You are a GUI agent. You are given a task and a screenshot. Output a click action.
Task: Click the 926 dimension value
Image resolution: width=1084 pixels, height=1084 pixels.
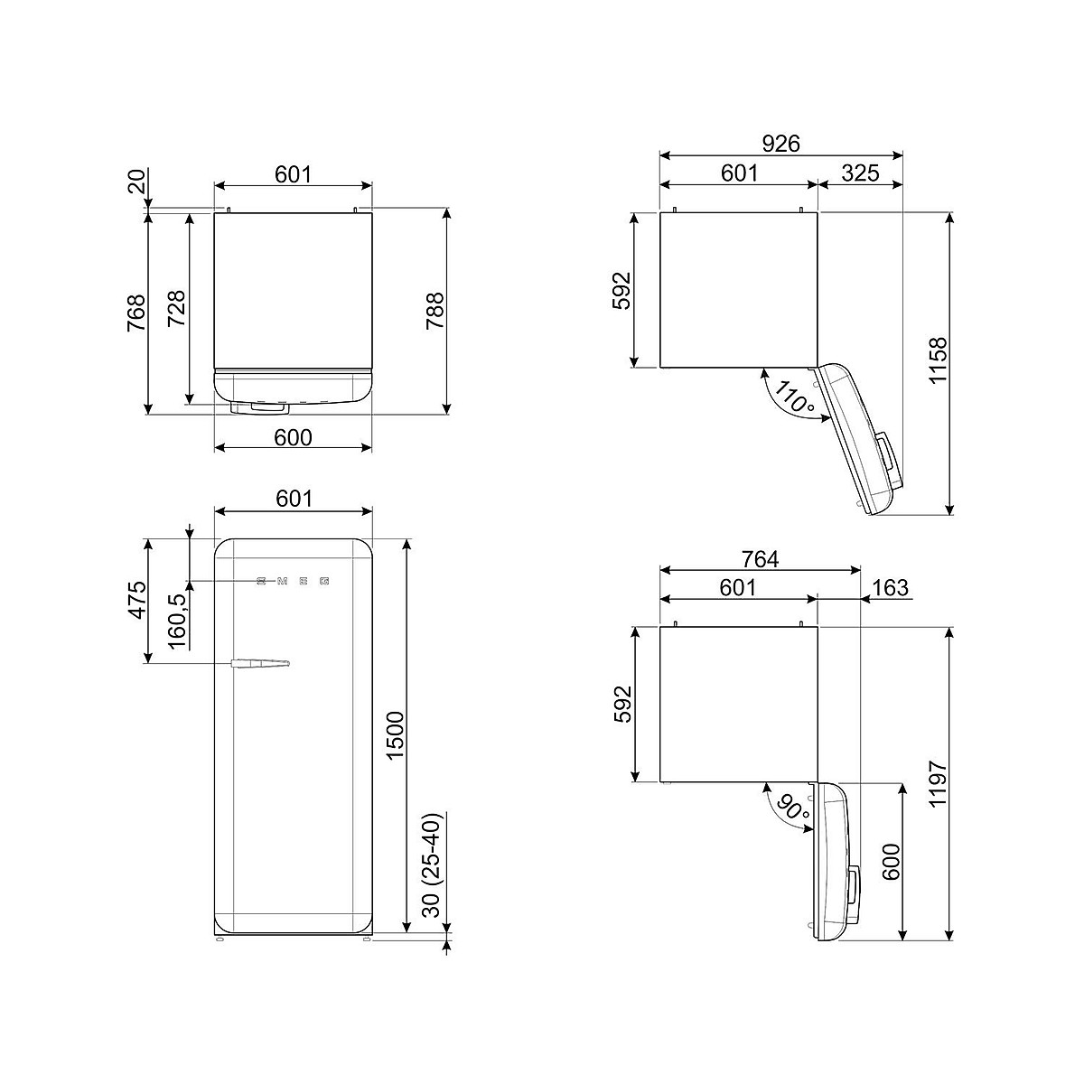tap(780, 144)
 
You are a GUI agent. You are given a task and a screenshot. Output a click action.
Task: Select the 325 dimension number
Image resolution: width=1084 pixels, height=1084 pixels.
tap(860, 173)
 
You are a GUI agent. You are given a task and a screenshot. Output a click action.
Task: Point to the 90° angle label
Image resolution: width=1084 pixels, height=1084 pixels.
tap(792, 808)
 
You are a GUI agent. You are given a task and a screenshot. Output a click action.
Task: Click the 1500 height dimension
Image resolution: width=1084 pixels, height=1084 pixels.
tap(396, 734)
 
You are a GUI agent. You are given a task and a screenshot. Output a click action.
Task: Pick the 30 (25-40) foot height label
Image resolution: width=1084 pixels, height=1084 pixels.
tap(432, 868)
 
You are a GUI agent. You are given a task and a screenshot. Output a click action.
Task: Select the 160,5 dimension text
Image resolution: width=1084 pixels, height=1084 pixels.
tap(177, 621)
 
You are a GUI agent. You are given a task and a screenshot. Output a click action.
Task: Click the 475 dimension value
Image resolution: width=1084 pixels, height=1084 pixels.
tap(137, 600)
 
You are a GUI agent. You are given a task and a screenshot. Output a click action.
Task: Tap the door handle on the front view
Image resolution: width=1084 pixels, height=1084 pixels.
tap(259, 663)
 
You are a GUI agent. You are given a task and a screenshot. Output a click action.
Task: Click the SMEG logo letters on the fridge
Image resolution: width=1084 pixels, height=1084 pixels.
tap(293, 581)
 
